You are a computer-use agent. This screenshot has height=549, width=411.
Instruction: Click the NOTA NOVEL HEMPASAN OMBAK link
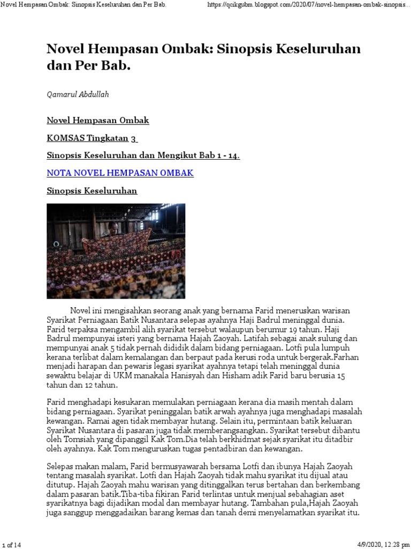pyautogui.click(x=120, y=173)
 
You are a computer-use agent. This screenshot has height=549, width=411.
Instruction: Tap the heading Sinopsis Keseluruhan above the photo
pyautogui.click(x=92, y=191)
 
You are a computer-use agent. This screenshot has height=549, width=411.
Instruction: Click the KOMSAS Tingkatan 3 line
pyautogui.click(x=92, y=138)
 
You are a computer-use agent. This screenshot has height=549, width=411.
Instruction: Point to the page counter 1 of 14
pyautogui.click(x=12, y=545)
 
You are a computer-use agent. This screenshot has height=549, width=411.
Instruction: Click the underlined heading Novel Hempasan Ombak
pyautogui.click(x=98, y=121)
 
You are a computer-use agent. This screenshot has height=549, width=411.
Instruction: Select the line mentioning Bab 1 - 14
pyautogui.click(x=143, y=156)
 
